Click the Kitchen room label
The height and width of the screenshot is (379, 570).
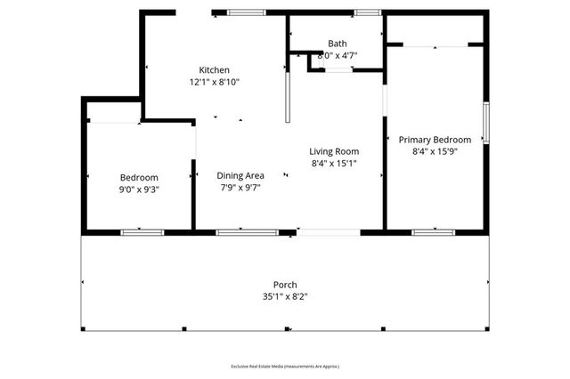(x=214, y=70)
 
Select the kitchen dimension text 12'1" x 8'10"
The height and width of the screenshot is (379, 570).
(x=214, y=82)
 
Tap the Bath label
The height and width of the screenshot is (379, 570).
(x=338, y=43)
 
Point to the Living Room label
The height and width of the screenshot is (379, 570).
(x=334, y=151)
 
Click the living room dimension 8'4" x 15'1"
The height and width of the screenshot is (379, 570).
(x=334, y=164)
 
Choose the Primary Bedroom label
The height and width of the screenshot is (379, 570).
(x=435, y=140)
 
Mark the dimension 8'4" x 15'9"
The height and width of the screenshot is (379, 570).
(x=435, y=152)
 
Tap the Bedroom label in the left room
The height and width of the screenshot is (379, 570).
(x=139, y=177)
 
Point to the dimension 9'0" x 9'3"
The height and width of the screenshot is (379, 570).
(x=139, y=189)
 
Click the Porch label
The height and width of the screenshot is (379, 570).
(x=285, y=285)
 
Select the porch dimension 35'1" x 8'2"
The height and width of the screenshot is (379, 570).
(x=285, y=297)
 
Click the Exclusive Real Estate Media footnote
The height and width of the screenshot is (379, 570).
(x=285, y=367)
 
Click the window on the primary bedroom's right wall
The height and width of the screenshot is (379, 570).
(x=485, y=124)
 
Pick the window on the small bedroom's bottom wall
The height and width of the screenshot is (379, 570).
(x=142, y=232)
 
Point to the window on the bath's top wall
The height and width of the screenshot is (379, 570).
(x=366, y=12)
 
